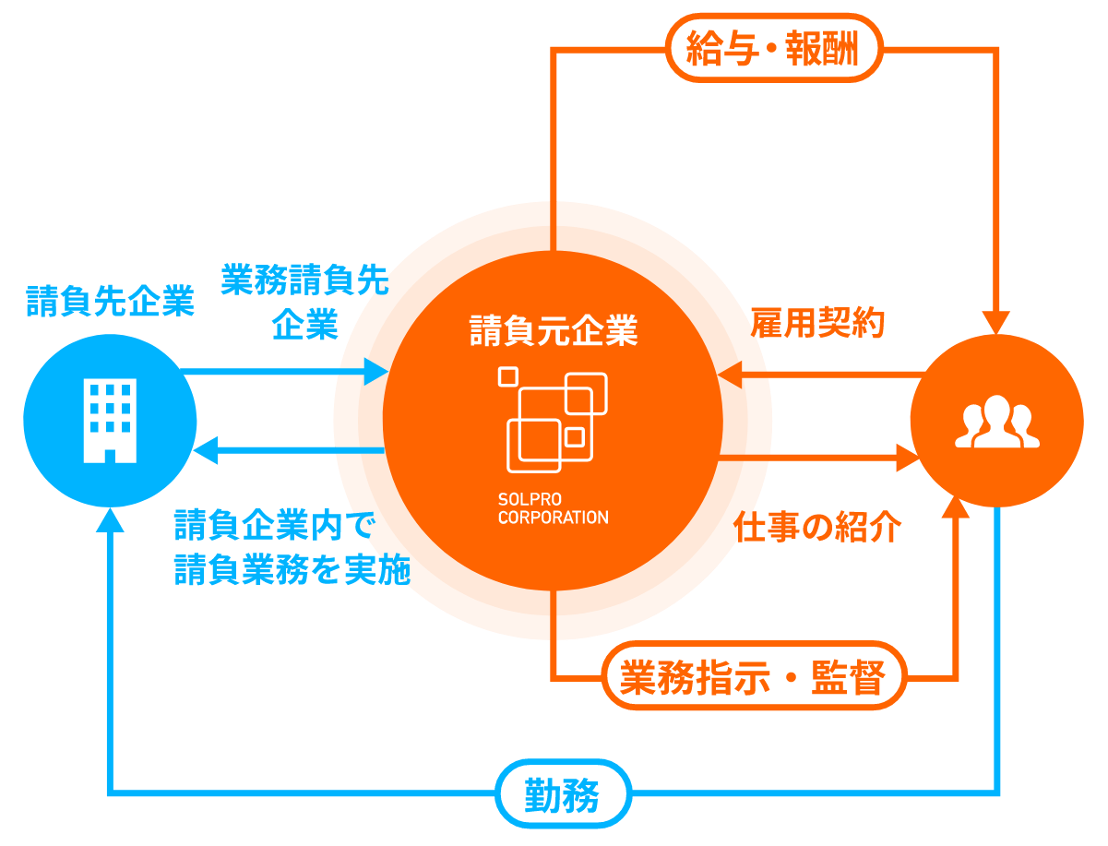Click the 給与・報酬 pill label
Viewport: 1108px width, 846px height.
773,48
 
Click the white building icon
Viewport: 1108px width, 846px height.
110,421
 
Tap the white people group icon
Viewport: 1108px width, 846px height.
996,423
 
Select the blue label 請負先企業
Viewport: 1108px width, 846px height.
110,302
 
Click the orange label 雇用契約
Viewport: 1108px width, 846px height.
817,323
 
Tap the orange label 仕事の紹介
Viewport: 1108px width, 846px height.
817,528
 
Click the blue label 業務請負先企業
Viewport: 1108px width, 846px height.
304,301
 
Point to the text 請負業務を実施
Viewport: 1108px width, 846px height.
292,573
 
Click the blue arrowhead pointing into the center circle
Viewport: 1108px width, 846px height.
376,371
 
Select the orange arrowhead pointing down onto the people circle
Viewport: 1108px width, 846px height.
996,322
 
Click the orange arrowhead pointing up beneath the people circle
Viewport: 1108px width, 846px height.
956,513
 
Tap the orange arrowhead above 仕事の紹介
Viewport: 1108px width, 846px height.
904,456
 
